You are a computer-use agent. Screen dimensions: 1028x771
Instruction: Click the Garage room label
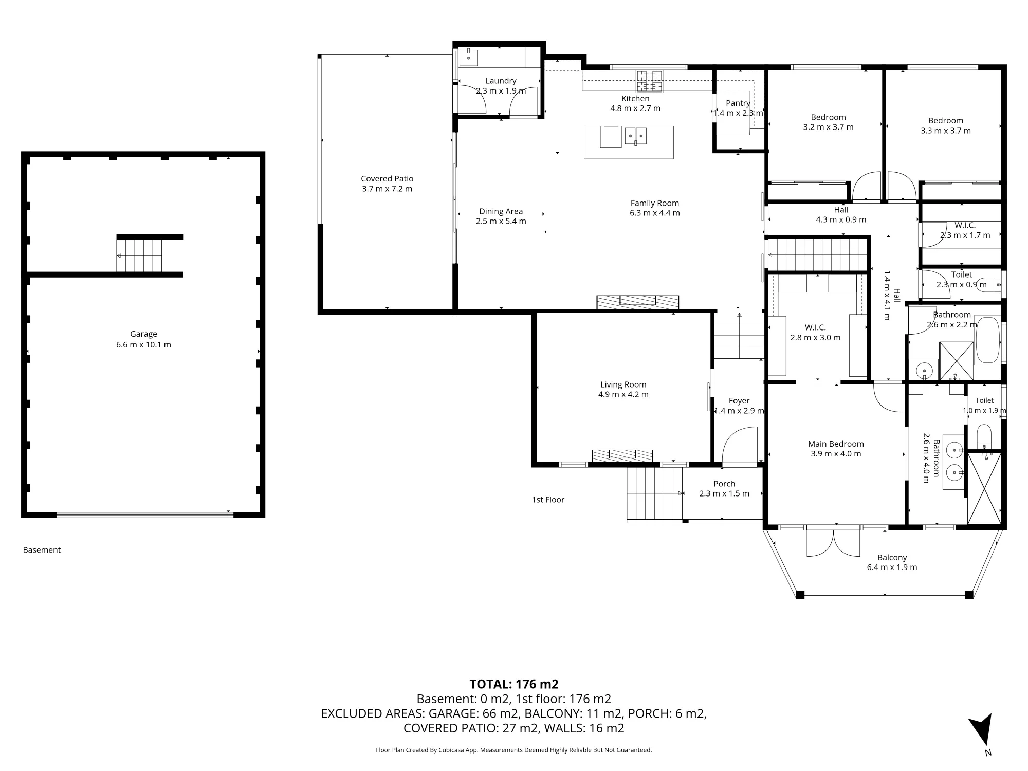[x=143, y=334]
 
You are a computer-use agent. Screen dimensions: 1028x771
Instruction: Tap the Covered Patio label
[x=387, y=179]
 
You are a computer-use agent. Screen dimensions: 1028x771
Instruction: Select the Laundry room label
[x=501, y=81]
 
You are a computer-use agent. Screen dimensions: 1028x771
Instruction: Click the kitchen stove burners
[x=650, y=81]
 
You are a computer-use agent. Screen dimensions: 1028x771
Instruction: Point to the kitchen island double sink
[x=636, y=136]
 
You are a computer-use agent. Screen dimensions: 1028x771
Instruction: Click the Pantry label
[x=738, y=103]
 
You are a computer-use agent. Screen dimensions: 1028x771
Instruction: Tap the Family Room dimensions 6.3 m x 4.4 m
[x=655, y=213]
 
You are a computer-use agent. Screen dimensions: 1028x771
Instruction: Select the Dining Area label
[x=501, y=211]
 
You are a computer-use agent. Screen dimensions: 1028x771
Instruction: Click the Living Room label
[x=623, y=384]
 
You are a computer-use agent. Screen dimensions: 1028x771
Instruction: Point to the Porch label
[x=724, y=484]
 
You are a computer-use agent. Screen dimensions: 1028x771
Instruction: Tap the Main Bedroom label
[x=836, y=444]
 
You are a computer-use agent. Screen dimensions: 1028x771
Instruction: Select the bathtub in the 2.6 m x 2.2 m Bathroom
[x=987, y=340]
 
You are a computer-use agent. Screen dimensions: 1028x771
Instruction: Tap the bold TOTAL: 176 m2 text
[x=514, y=684]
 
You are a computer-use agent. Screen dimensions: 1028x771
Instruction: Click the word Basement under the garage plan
[x=42, y=550]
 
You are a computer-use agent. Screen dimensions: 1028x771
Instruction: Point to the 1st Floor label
[x=548, y=500]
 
